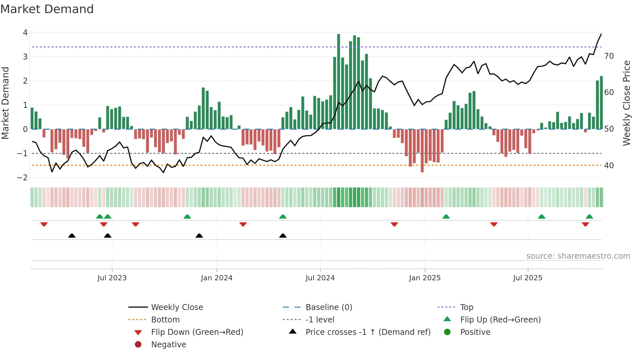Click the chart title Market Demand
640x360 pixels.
pyautogui.click(x=47, y=9)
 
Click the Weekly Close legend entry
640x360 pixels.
pyautogui.click(x=177, y=307)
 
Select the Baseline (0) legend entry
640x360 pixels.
pyautogui.click(x=328, y=307)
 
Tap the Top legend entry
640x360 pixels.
pyautogui.click(x=466, y=307)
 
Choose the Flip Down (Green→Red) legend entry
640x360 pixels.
pyautogui.click(x=197, y=332)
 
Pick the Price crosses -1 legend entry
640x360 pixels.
pyautogui.click(x=368, y=332)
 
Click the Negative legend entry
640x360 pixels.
pyautogui.click(x=168, y=344)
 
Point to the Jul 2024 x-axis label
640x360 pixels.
pyautogui.click(x=320, y=278)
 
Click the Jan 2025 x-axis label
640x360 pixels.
pyautogui.click(x=424, y=278)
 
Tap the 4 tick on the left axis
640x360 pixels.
pyautogui.click(x=25, y=32)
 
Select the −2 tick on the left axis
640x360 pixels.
pyautogui.click(x=23, y=177)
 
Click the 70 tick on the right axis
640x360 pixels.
pyautogui.click(x=609, y=56)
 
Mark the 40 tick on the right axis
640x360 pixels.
pyautogui.click(x=609, y=165)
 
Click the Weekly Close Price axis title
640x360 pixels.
pyautogui.click(x=626, y=103)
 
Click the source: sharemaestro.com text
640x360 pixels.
pyautogui.click(x=578, y=256)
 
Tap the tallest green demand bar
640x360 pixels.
pyautogui.click(x=339, y=82)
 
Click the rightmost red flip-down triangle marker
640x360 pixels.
pyautogui.click(x=585, y=224)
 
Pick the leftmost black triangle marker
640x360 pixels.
pyautogui.click(x=72, y=236)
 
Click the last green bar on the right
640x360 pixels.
pyautogui.click(x=601, y=103)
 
